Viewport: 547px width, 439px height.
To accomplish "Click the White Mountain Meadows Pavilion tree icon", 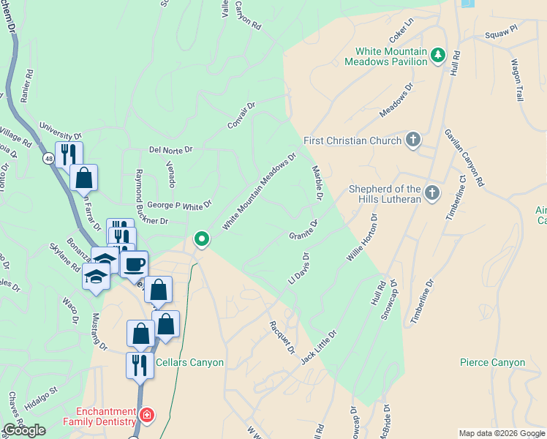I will tap(438, 56).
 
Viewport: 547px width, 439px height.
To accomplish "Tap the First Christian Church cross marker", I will tap(413, 140).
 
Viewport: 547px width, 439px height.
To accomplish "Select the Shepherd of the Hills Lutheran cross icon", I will tap(432, 193).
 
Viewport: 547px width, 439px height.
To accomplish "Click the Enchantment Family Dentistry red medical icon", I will tap(147, 416).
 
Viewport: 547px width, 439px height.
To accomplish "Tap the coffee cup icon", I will tap(134, 264).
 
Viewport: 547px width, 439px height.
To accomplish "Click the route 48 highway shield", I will tap(48, 158).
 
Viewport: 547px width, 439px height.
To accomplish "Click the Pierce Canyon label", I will tap(492, 362).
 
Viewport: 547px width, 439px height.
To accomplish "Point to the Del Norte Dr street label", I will tap(170, 149).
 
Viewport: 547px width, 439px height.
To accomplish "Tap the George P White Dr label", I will tap(178, 206).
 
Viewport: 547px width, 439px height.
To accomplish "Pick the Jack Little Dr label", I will tap(319, 345).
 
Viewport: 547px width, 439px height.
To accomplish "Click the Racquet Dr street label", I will tap(282, 337).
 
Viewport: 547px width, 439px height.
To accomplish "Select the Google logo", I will tap(24, 430).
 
